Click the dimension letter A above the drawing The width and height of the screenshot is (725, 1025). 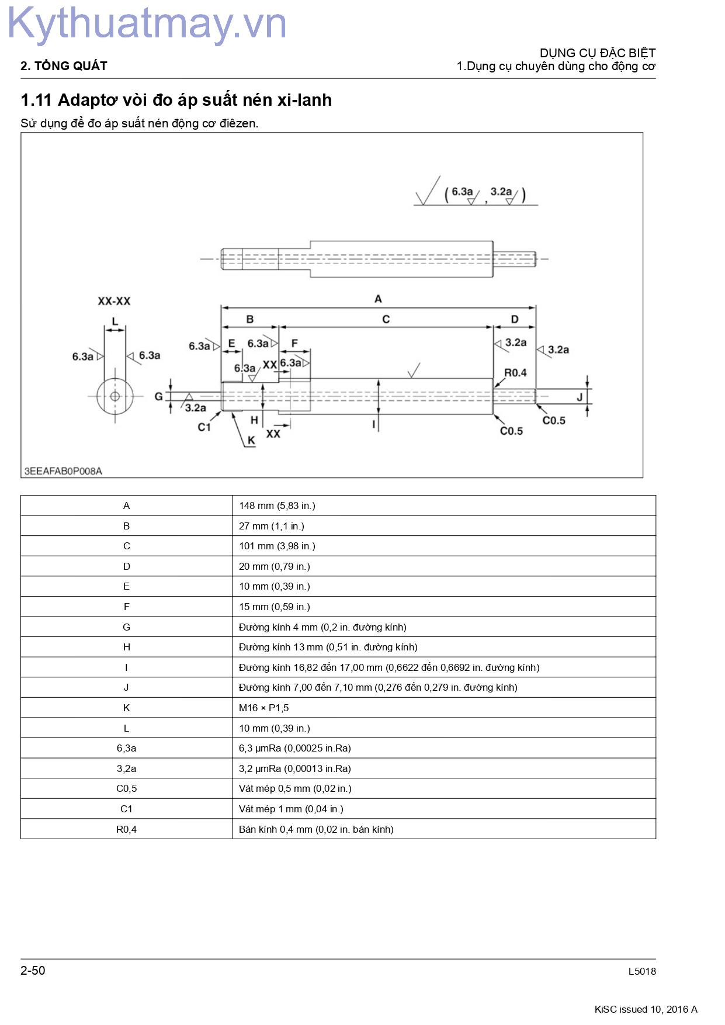click(378, 299)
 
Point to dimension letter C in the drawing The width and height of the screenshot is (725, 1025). click(386, 319)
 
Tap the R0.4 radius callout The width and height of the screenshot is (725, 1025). click(515, 372)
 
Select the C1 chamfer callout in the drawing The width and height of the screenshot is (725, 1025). click(204, 427)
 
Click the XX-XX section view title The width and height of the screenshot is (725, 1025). click(114, 301)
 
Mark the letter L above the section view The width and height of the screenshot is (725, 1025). click(115, 321)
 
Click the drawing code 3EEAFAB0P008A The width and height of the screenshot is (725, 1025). click(63, 471)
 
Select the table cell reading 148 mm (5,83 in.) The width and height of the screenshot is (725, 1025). click(277, 505)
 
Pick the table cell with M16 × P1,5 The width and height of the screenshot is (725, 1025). click(263, 708)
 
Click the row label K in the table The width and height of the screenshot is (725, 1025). click(126, 708)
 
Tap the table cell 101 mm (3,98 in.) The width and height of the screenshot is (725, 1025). click(277, 546)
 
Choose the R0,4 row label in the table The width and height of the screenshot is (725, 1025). click(126, 829)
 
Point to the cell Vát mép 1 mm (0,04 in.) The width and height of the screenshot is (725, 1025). click(291, 809)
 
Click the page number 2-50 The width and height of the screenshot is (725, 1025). click(33, 971)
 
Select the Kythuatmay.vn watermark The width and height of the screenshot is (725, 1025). click(147, 24)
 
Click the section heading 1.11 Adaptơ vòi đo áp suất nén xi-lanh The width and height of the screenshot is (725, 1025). click(176, 100)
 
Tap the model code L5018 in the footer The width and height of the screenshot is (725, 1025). click(642, 971)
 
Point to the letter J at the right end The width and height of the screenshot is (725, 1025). click(580, 397)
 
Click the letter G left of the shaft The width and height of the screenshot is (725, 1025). click(158, 396)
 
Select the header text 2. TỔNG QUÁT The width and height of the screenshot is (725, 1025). click(64, 66)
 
